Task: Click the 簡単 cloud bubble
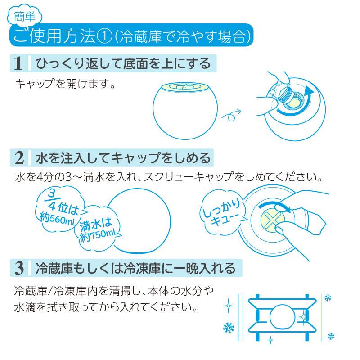point(25,16)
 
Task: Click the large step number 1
point(18,63)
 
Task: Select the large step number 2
point(19,158)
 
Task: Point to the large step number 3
point(19,268)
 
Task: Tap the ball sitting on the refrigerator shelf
point(282,317)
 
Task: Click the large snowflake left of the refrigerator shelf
point(229,328)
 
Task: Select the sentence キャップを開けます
point(65,84)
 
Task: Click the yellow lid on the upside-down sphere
point(185,87)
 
